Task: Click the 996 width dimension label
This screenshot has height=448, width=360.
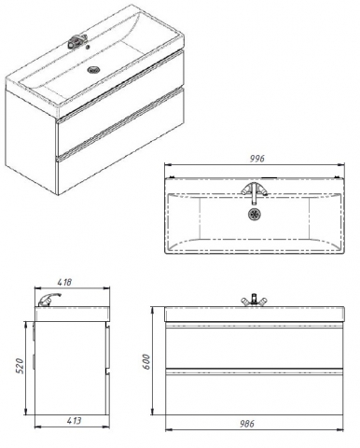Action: coord(257,159)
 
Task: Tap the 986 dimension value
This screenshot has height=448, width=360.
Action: coord(246,424)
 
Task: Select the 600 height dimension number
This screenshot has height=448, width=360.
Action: coord(146,362)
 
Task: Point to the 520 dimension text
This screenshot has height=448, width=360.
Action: coord(20,366)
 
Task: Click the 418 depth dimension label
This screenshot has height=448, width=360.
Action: coord(64,282)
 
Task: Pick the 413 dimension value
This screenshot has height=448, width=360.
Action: coord(74,421)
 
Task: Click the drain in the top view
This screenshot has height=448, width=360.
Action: coord(255,214)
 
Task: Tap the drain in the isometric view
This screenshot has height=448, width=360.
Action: coord(92,70)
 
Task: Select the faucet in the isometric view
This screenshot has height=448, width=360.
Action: coord(76,42)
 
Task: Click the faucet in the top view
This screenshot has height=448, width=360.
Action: coord(255,191)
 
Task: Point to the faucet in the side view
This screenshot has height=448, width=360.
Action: coord(48,300)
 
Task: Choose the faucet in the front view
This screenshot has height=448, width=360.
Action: coord(255,300)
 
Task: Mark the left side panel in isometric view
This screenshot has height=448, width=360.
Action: coord(31,142)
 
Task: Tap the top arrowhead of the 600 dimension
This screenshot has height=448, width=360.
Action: coord(152,311)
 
